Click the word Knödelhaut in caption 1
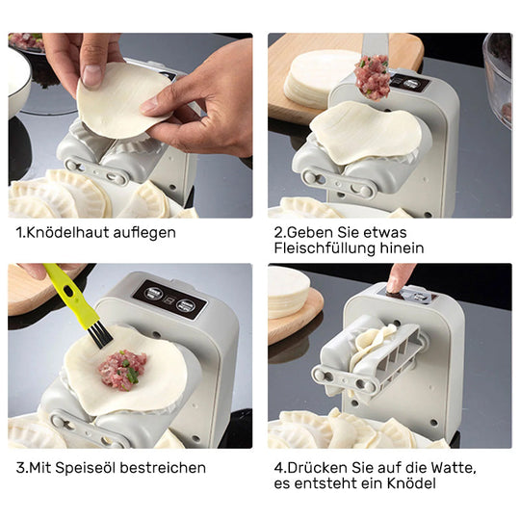(66, 232)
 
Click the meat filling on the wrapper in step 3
(122, 369)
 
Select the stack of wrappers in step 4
(289, 294)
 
